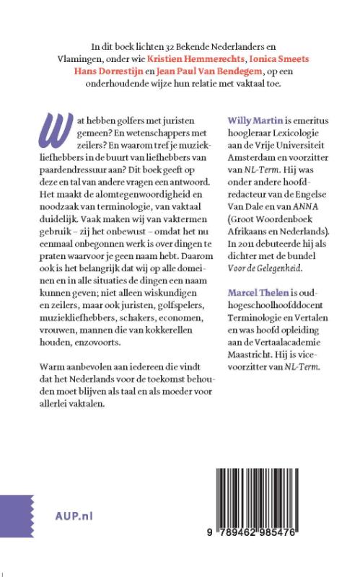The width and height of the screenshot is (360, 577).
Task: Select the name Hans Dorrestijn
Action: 111,69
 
